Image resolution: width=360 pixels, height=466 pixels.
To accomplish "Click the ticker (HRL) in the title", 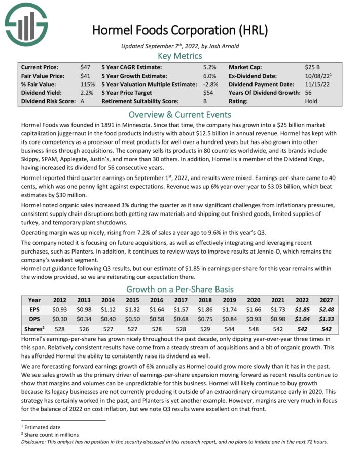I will tap(256, 30).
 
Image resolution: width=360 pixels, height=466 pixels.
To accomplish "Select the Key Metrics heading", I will tap(179, 55).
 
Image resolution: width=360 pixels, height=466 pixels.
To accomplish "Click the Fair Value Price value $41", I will tap(85, 76).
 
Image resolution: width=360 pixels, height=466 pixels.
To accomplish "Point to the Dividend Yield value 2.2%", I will tap(87, 93).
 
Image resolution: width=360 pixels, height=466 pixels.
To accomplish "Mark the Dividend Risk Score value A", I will tap(83, 101).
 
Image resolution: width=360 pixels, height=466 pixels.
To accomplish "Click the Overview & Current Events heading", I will tap(179, 114).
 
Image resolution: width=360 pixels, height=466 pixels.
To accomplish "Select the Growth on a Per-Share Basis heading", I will tap(179, 289).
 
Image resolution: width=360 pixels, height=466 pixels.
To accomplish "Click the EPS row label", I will tap(34, 308).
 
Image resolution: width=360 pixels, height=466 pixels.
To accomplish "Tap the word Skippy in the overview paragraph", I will tap(31, 151).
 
